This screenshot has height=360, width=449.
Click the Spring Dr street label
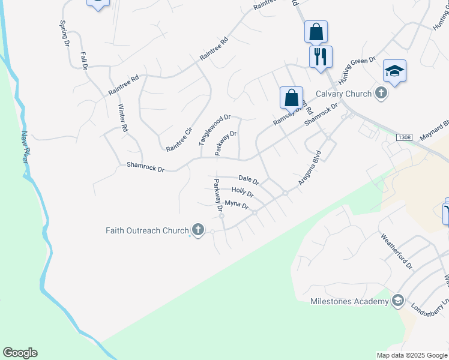pos(63,33)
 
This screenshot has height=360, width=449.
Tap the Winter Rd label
pos(123,118)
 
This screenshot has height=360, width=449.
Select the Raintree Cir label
pos(179,139)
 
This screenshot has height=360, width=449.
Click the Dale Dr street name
pos(249,179)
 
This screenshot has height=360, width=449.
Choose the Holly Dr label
pos(243,192)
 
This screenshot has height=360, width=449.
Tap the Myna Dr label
pos(237,205)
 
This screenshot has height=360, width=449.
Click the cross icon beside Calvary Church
pos(381,93)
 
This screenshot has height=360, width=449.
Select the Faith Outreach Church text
pos(147,230)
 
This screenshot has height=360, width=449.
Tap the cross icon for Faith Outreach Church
pos(197,230)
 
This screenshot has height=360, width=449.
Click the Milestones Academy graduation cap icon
pos(397,301)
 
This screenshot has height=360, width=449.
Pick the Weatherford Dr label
pos(397,251)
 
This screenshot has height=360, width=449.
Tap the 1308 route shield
pos(404,138)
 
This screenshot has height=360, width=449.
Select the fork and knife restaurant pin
pos(320,56)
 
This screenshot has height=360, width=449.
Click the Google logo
pos(20,353)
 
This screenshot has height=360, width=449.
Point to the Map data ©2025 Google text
pos(411,355)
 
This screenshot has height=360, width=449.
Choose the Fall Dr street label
pos(84,61)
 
